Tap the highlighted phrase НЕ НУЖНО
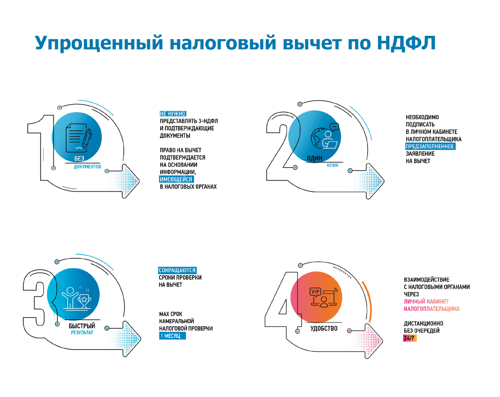tap(172, 114)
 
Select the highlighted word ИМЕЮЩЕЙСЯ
tap(176, 179)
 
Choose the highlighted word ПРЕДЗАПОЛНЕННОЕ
tap(430, 146)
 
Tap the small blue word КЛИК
tap(332, 165)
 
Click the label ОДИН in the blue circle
tap(315, 158)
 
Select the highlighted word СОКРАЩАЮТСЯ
tap(177, 270)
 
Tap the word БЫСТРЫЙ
tap(82, 326)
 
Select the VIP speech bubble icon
tap(315, 292)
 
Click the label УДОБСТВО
tap(324, 329)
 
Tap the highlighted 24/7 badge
tap(410, 338)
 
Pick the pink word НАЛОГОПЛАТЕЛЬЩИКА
tap(432, 309)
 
